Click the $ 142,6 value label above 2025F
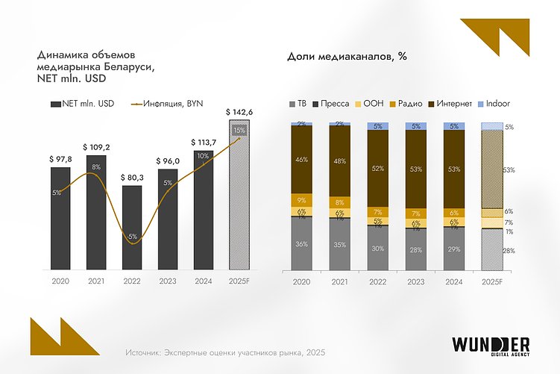click(x=240, y=113)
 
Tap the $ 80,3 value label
click(x=132, y=178)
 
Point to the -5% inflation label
click(x=132, y=237)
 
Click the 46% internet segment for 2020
click(x=301, y=160)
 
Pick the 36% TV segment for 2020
click(x=301, y=243)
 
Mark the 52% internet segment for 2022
click(x=378, y=169)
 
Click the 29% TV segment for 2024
click(x=455, y=247)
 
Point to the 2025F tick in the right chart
click(x=493, y=283)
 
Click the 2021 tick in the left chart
click(x=96, y=283)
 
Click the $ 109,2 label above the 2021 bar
click(x=96, y=147)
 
